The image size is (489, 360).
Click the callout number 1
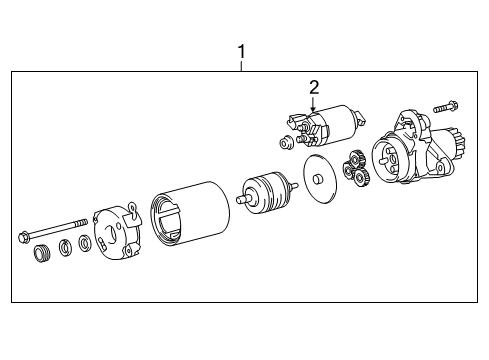pos(241,52)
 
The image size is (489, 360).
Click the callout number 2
pos(314,88)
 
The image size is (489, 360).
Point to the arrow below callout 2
pos(313,104)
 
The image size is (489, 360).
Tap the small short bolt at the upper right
pos(445,107)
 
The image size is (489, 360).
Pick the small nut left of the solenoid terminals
pos(285,143)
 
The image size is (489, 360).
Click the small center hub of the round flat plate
pos(318,179)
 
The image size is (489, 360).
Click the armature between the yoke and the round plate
pos(267,193)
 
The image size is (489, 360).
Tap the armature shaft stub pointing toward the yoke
pos(243,199)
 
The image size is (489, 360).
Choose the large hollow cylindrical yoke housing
pos(189,214)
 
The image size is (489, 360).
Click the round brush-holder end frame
pos(116,231)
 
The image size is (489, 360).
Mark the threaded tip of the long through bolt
pos(82,223)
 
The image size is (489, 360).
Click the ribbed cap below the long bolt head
pos(42,253)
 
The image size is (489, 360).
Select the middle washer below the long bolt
pos(66,248)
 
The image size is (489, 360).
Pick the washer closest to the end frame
pos(84,244)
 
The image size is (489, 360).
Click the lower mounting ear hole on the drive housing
pos(441,167)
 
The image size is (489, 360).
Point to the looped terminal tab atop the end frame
pos(133,209)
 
